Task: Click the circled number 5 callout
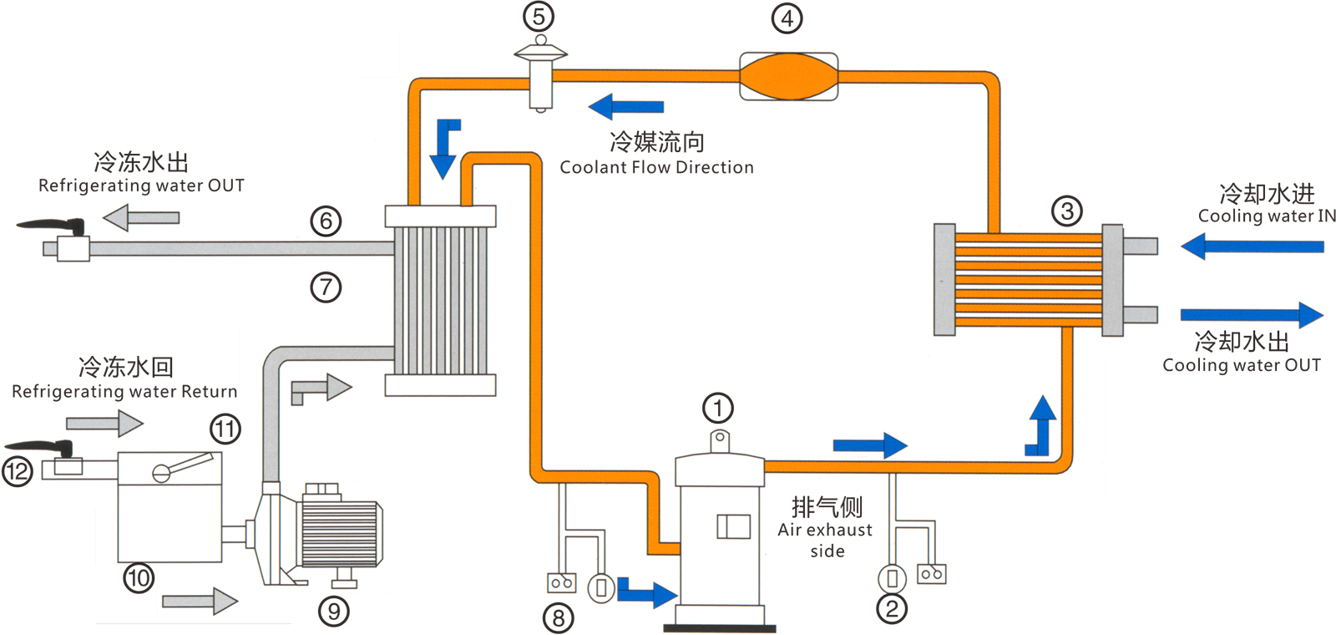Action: click(539, 17)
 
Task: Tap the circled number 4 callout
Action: click(787, 18)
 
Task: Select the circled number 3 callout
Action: click(1066, 211)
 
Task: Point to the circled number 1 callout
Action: click(717, 409)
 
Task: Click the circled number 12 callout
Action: click(18, 471)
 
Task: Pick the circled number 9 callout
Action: click(333, 612)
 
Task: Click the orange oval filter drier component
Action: click(788, 77)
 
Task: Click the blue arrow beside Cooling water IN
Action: click(1252, 246)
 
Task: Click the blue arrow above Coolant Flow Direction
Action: click(625, 107)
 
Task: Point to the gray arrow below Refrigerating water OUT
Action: click(141, 218)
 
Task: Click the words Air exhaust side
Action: click(825, 540)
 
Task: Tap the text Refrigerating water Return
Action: click(124, 392)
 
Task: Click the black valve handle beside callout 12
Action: click(42, 448)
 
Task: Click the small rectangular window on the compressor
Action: click(733, 526)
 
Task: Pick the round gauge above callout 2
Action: click(892, 577)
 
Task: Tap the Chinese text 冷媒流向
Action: click(657, 142)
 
